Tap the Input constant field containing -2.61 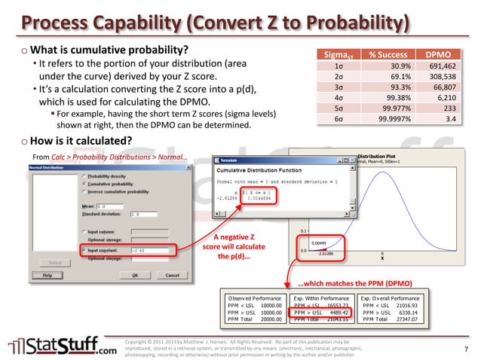150,249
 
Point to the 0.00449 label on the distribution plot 319,243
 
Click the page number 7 466,348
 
